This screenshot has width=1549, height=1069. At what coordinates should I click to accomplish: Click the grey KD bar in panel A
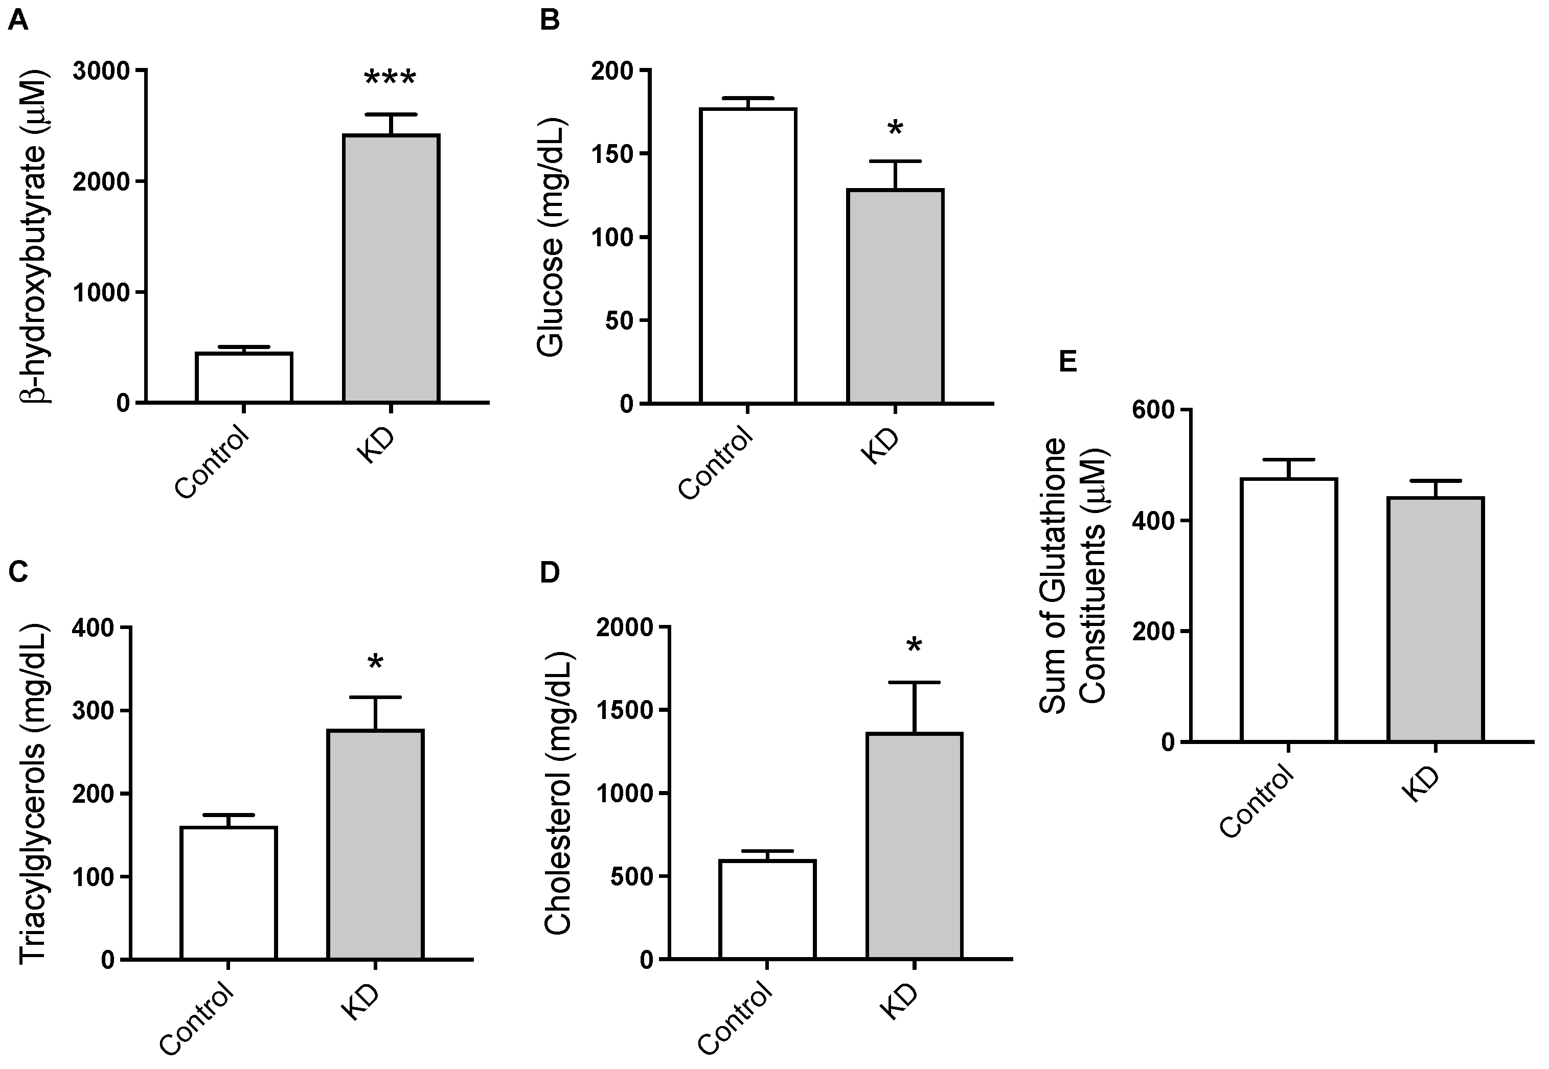[391, 268]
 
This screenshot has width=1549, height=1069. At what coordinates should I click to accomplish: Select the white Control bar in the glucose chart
[748, 255]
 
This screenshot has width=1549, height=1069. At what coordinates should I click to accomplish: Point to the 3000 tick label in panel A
[101, 71]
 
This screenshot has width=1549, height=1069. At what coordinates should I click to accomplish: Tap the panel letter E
[1067, 362]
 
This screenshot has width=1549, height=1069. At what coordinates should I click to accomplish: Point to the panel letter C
[18, 571]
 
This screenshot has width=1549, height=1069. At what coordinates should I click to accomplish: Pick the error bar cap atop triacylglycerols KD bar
[375, 698]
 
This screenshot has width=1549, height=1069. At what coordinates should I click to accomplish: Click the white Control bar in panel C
[229, 893]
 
